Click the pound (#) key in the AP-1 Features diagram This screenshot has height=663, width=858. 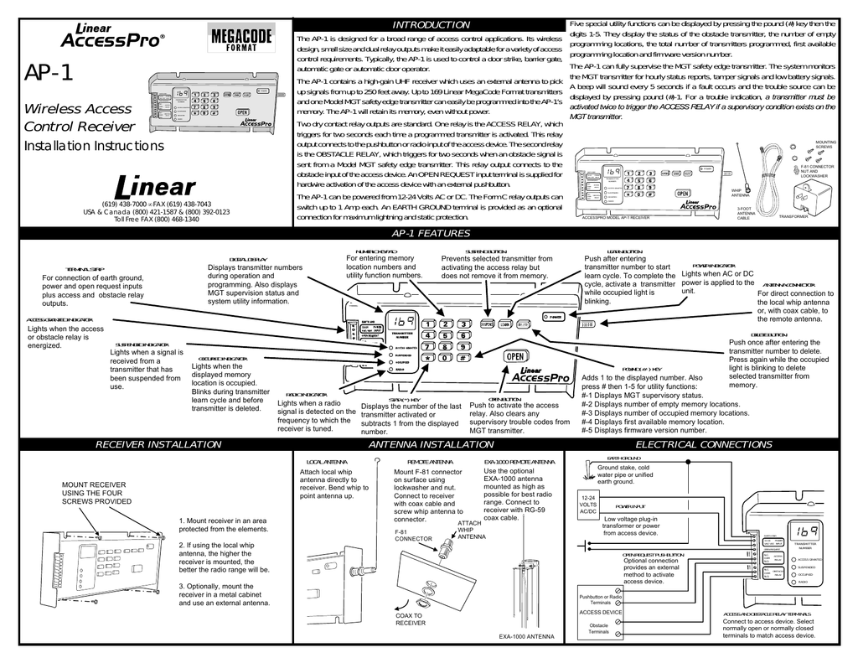462,357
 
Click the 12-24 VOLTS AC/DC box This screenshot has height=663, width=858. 588,508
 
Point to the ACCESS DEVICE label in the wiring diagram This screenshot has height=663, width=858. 601,613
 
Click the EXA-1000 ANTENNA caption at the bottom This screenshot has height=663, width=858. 526,637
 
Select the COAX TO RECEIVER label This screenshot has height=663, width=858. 411,619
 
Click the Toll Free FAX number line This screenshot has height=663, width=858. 156,219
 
